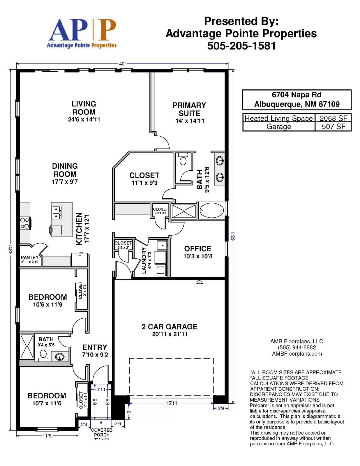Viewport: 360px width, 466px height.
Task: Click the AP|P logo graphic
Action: tap(82, 33)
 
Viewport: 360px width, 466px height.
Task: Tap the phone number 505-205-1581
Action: tap(241, 46)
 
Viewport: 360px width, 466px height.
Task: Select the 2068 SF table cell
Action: tap(333, 118)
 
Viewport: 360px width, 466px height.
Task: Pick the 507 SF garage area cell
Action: tap(333, 126)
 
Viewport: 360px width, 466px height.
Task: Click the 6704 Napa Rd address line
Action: tap(297, 95)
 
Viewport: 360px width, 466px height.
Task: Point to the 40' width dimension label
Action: tap(122, 64)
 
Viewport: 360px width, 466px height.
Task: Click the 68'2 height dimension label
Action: tap(10, 250)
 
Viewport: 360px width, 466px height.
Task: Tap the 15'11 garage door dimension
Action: tap(172, 403)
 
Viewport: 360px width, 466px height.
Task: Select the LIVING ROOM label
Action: tap(84, 108)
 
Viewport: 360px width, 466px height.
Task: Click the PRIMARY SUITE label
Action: tap(189, 109)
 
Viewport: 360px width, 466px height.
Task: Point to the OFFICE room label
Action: tap(198, 249)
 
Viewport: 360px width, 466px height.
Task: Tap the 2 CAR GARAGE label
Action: tap(170, 326)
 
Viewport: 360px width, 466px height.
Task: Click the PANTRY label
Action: tap(30, 257)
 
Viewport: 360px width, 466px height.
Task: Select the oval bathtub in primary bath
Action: tap(211, 210)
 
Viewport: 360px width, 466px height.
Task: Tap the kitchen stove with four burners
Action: tap(25, 223)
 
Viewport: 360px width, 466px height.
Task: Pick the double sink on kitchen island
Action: tap(57, 213)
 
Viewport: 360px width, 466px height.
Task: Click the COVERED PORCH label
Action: tap(102, 432)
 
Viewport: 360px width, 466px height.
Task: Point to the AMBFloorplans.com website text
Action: tap(297, 354)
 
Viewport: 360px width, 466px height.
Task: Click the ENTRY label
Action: tap(95, 347)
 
